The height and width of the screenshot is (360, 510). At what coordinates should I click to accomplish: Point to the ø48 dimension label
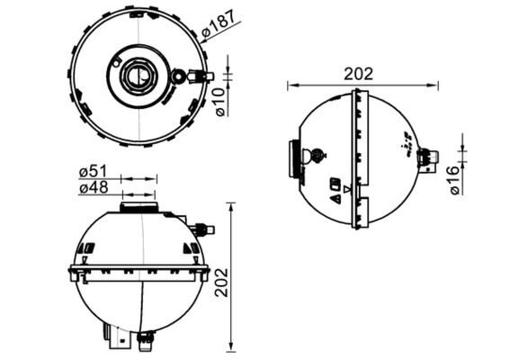coord(94,188)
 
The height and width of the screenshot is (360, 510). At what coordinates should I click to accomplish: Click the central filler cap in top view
coord(136,76)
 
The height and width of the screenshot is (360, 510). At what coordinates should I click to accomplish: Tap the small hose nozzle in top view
coord(202,76)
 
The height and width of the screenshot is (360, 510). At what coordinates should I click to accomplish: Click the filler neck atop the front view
coord(138,208)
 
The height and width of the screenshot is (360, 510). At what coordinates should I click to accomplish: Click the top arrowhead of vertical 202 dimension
coord(236,208)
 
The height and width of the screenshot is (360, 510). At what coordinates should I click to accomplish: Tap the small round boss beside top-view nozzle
coord(182,76)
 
